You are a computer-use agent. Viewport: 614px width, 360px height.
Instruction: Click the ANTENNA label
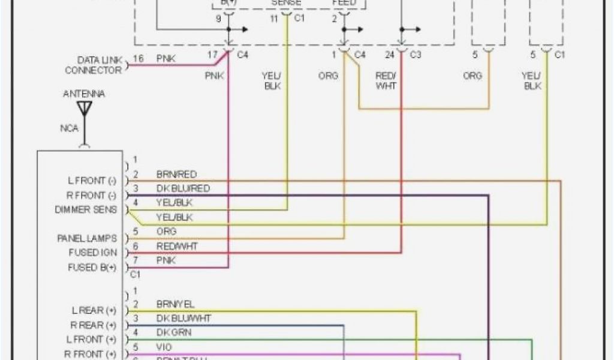[x=84, y=94]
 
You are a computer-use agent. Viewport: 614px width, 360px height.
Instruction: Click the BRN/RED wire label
[x=176, y=174]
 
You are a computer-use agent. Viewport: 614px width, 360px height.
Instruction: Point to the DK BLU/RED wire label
[x=183, y=188]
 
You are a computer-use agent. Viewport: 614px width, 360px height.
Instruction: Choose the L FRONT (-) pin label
[x=91, y=180]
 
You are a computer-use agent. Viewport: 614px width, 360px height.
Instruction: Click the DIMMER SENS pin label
[x=86, y=209]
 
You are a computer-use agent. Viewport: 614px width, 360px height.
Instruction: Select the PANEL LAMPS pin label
[x=87, y=238]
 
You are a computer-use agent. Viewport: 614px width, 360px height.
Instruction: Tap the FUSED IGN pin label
[x=92, y=253]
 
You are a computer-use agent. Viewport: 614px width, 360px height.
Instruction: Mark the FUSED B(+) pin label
[x=91, y=268]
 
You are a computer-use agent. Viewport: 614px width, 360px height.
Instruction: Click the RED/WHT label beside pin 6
[x=177, y=246]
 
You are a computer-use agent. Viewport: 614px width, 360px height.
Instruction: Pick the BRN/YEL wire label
[x=175, y=304]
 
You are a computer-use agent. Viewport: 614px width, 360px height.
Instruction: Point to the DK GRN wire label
[x=174, y=332]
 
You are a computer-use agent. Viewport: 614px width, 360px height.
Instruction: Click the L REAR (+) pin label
[x=94, y=310]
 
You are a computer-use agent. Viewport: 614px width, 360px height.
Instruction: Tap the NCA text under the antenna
[x=69, y=128]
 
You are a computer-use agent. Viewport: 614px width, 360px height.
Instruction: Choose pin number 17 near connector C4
[x=212, y=55]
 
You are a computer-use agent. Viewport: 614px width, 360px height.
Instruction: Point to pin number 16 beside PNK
[x=138, y=59]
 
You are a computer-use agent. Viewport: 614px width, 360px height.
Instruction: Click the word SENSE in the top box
[x=287, y=3]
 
